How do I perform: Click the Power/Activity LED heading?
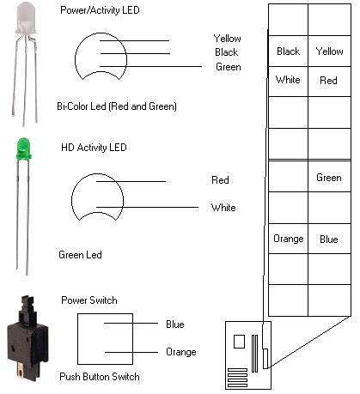pos(100,10)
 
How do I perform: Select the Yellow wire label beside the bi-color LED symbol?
pos(228,39)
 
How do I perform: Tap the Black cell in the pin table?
pos(289,52)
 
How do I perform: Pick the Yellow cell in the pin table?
pos(330,52)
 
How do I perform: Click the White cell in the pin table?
pos(289,82)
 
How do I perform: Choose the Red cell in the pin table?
pos(330,82)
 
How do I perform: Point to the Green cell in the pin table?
pos(330,177)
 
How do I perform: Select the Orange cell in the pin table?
pos(289,239)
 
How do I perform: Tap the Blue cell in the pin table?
pos(330,239)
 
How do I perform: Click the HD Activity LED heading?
pos(94,148)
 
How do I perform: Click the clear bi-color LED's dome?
pos(26,18)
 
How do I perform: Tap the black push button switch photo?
pos(27,338)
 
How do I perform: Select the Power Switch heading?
pos(89,300)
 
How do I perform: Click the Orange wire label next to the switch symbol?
pos(181,352)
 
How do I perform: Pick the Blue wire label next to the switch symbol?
pos(175,324)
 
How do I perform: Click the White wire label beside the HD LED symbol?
pos(223,207)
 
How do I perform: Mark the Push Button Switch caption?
pos(100,377)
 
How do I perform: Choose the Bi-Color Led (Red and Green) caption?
pos(117,106)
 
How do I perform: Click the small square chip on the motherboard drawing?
pos(239,342)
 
